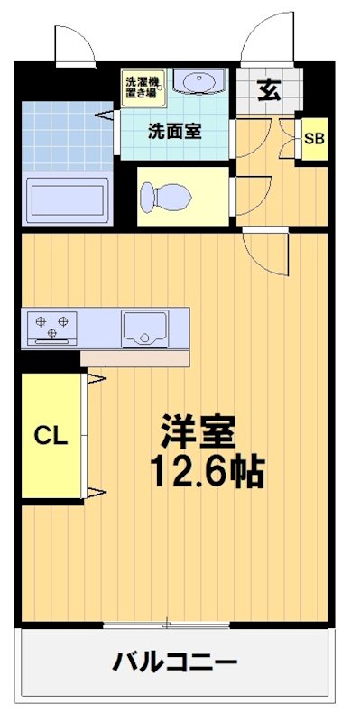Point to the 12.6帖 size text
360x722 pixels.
207,470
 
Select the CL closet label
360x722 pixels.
51,436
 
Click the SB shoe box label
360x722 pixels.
313,139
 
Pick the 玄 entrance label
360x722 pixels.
268,90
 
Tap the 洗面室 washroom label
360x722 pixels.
174,130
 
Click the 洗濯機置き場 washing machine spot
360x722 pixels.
140,86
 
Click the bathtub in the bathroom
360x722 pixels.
68,198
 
